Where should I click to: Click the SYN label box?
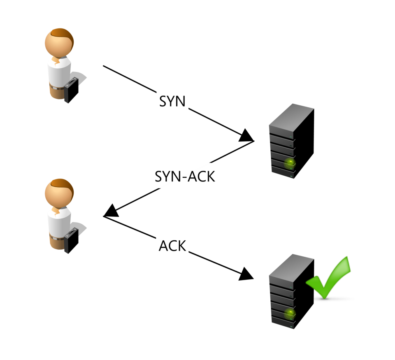click(172, 100)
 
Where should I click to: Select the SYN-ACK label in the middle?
click(185, 176)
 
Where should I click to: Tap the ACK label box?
click(172, 245)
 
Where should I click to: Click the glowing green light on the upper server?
click(290, 163)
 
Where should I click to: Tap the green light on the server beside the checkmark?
click(290, 314)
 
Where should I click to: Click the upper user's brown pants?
click(55, 91)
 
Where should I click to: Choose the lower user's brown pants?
click(55, 241)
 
